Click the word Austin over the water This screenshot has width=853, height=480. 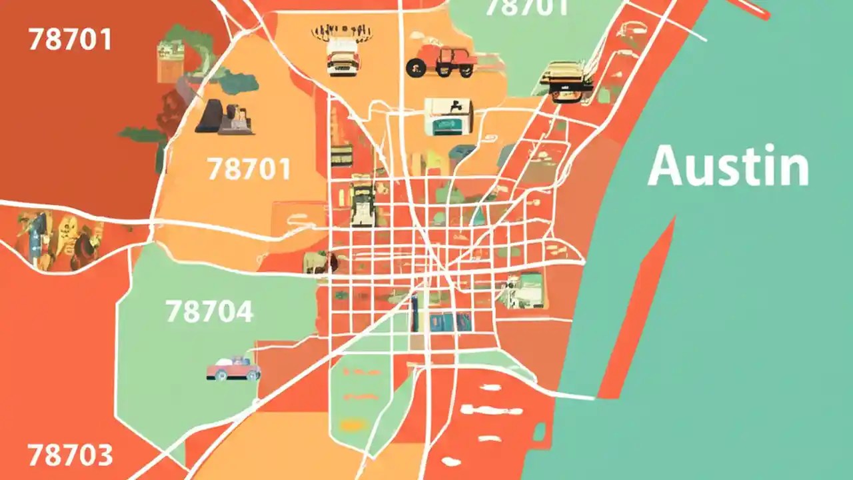click(x=728, y=166)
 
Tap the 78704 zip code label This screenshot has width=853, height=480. click(x=209, y=311)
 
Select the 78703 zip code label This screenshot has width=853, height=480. click(x=70, y=456)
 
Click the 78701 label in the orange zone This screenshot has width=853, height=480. click(x=249, y=169)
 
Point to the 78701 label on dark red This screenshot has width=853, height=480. click(x=69, y=40)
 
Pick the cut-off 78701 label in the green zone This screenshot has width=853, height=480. click(x=526, y=8)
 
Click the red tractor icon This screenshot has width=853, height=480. click(x=442, y=61)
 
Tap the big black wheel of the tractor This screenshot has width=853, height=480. click(x=417, y=66)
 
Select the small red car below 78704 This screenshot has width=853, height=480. click(x=233, y=369)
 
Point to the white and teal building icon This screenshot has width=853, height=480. click(x=448, y=116)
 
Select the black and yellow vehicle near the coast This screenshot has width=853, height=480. click(x=567, y=81)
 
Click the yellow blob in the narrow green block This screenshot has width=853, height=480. click(x=354, y=424)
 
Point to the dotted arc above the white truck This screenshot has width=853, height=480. click(x=341, y=31)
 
